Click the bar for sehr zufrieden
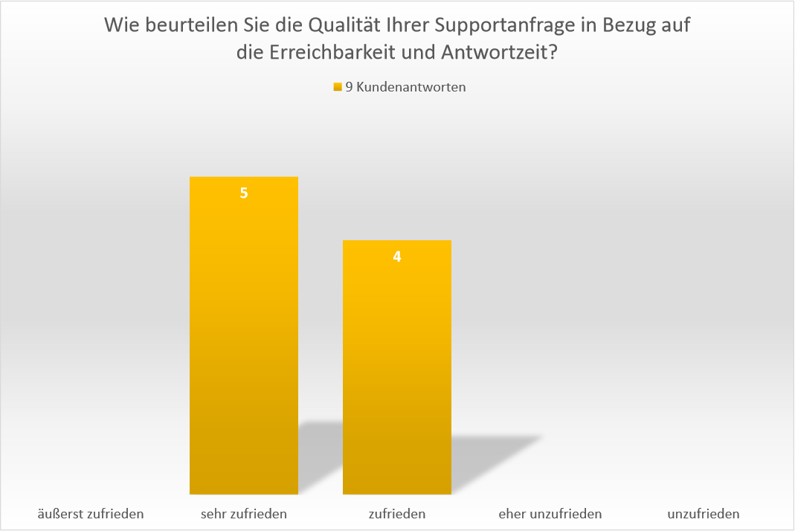pos(244,335)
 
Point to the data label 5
pos(244,193)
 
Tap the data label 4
pos(397,257)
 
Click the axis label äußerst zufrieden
pos(91,513)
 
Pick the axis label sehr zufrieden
pos(244,513)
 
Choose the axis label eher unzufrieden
pos(550,513)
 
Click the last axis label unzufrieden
pos(704,513)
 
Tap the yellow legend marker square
pos(338,87)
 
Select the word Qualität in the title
pos(340,26)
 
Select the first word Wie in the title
pos(120,26)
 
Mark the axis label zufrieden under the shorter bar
pos(397,513)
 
